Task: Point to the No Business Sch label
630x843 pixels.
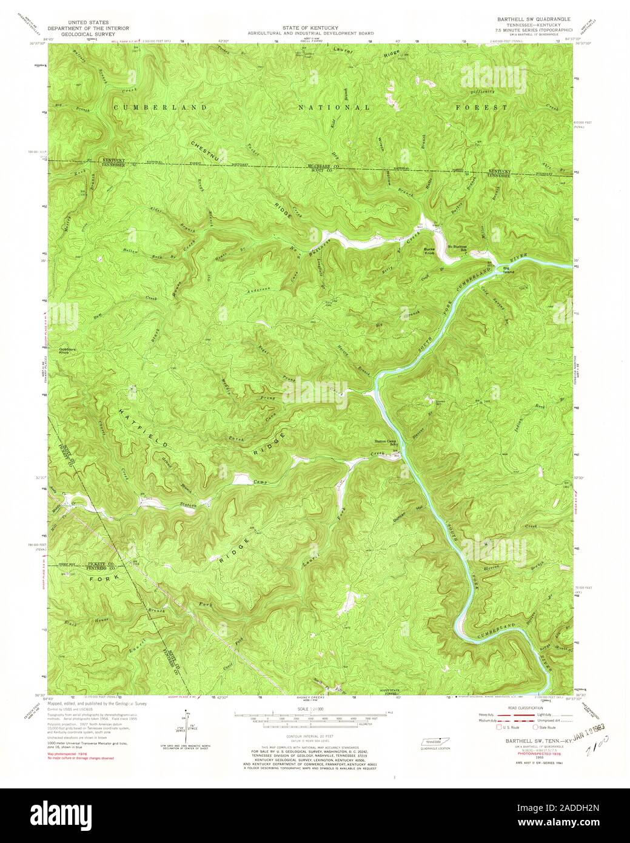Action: click(x=459, y=247)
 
